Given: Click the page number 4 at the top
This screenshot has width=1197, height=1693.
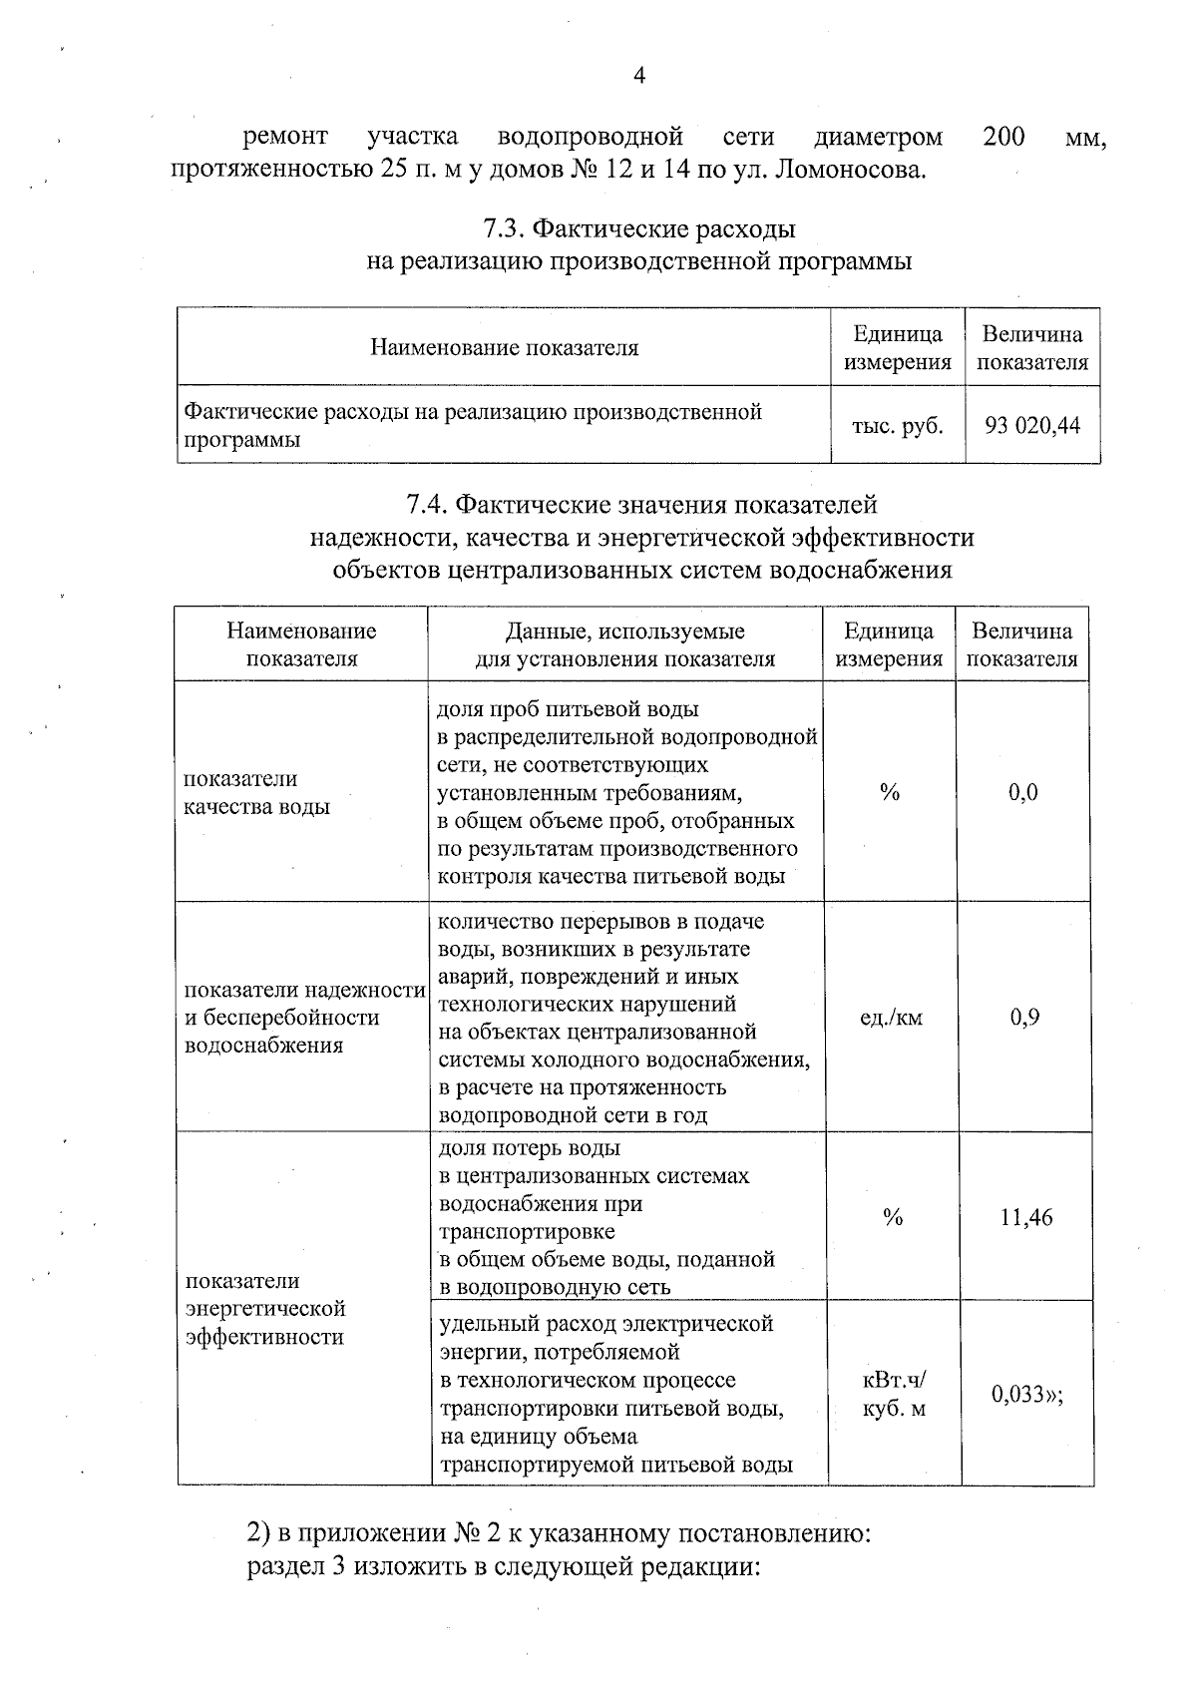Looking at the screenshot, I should (639, 76).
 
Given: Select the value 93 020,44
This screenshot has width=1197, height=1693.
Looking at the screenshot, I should (1032, 426).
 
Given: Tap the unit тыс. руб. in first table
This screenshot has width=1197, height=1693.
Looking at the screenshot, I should (897, 426).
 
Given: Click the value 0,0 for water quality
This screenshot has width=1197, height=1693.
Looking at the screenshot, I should (1022, 793).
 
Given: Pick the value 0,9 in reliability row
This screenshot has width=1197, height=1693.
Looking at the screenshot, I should (1024, 1018).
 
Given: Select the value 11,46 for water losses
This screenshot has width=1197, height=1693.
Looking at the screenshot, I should (1026, 1217).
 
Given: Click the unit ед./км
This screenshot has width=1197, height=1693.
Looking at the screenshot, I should (891, 1018).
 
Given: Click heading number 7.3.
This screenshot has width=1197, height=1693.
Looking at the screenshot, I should (505, 229).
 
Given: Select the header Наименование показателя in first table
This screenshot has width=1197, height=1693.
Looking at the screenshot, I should (504, 347).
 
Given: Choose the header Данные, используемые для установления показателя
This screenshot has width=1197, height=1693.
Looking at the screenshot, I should (624, 644).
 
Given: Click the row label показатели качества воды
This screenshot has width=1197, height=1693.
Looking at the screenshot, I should (256, 793).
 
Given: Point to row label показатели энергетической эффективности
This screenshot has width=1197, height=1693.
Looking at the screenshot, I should (265, 1308).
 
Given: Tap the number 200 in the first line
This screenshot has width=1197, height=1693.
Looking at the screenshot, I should (1002, 136).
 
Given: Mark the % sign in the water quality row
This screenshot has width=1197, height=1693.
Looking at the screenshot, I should (890, 793).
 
